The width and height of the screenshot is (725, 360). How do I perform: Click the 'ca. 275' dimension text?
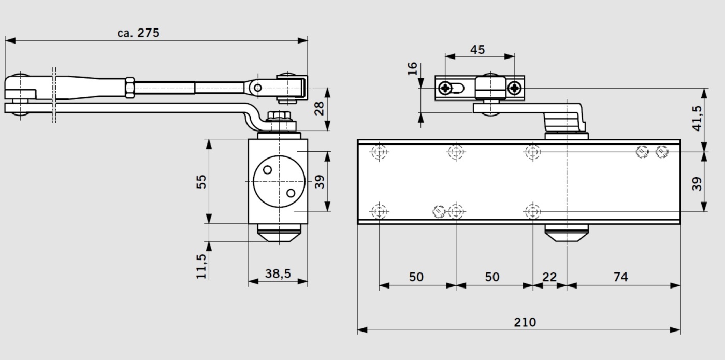(x=138, y=33)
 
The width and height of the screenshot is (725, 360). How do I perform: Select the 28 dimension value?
(x=320, y=108)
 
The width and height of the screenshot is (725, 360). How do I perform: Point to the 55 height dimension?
(x=201, y=181)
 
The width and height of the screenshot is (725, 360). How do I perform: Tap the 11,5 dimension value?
(x=201, y=266)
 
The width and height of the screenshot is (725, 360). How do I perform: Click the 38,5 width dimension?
(x=278, y=274)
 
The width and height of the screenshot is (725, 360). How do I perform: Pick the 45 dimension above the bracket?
(x=477, y=50)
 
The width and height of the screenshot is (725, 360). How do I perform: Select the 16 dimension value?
(x=412, y=68)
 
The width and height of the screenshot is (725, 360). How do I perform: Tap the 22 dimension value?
(x=549, y=277)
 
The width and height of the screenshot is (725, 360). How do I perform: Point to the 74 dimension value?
(x=620, y=277)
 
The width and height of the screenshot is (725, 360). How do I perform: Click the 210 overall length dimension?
(x=525, y=322)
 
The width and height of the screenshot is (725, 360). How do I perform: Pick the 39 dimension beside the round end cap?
(x=320, y=181)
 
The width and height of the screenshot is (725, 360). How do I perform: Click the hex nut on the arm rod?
(x=129, y=87)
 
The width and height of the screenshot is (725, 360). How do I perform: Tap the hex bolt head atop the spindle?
(x=279, y=116)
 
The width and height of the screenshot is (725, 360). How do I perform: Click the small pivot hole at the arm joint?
(x=257, y=88)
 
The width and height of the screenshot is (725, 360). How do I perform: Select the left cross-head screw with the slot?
(x=445, y=88)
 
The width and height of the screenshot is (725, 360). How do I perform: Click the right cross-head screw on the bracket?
(x=514, y=88)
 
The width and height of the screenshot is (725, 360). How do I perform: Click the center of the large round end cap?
(x=278, y=181)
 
